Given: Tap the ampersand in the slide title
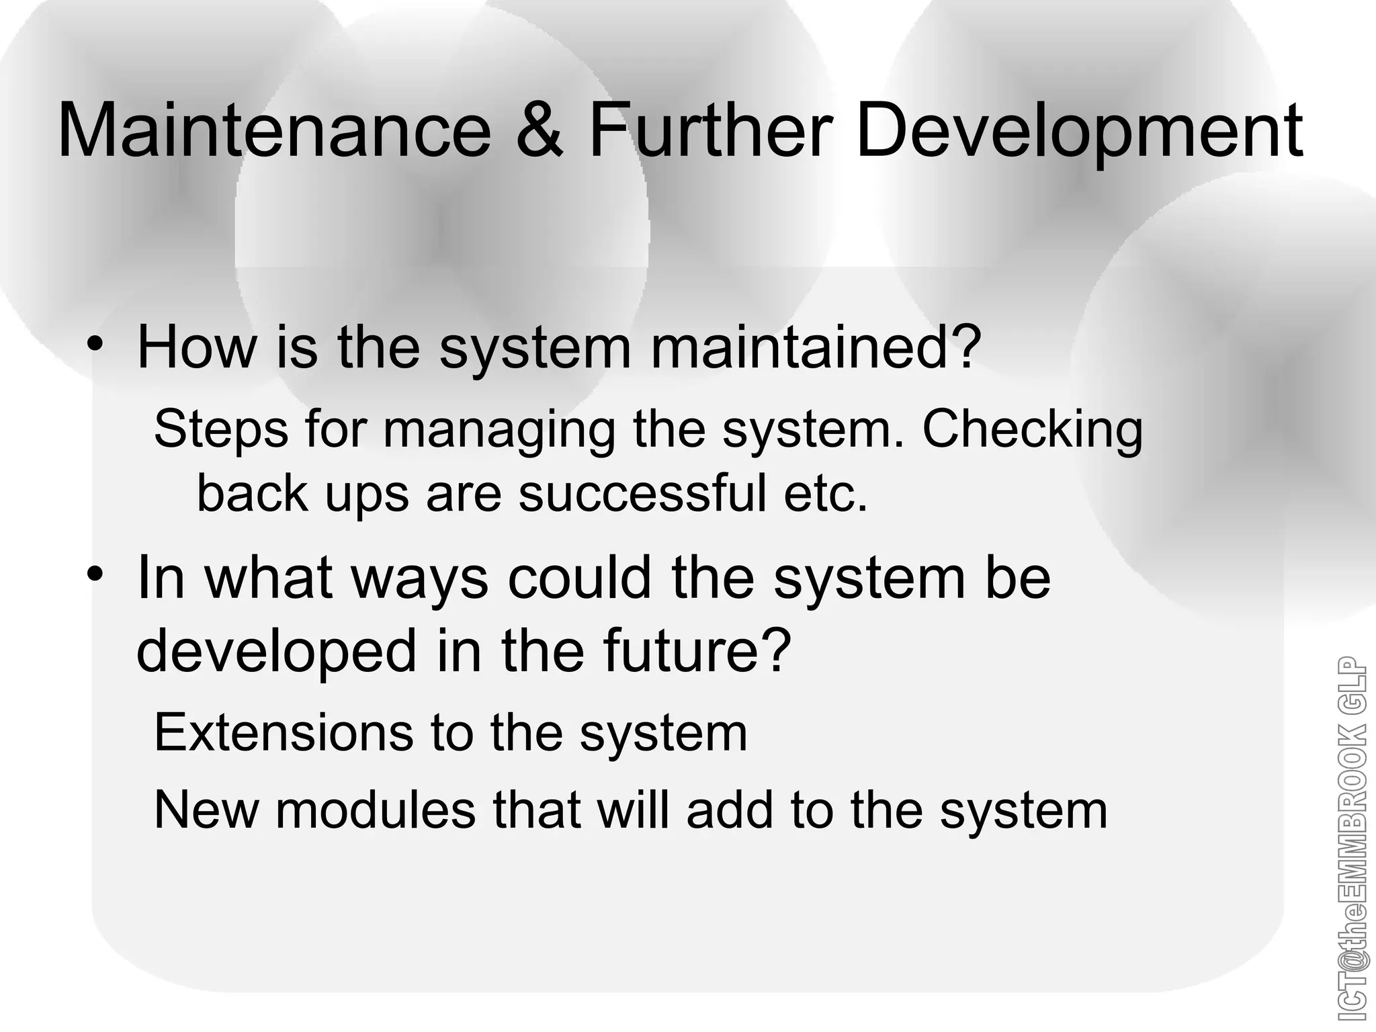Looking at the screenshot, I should click(x=540, y=130).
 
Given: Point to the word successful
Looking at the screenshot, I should click(x=642, y=492).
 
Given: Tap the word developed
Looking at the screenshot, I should click(x=276, y=652).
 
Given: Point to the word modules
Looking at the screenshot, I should click(x=376, y=810).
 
